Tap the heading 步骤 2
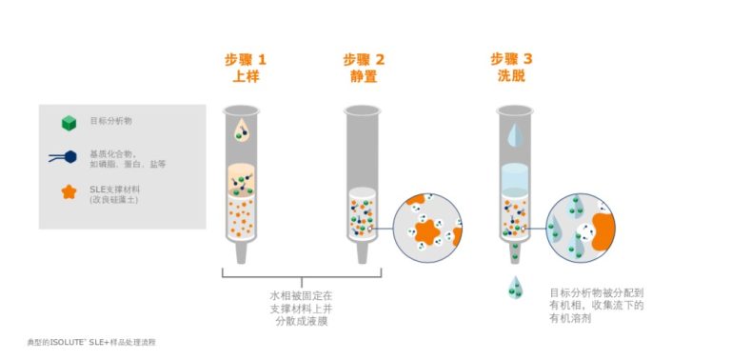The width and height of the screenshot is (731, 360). click(364, 60)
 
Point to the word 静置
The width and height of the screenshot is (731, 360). click(364, 77)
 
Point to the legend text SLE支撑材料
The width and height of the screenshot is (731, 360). click(113, 189)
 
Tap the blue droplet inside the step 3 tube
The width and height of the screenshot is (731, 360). click(513, 134)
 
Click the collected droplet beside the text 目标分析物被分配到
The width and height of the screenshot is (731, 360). click(515, 286)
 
